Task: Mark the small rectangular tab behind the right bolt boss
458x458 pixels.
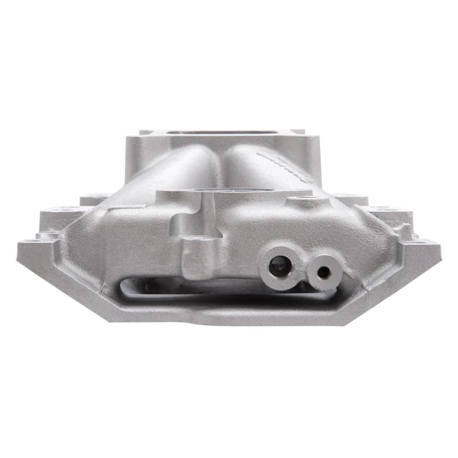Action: click(x=349, y=199)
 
